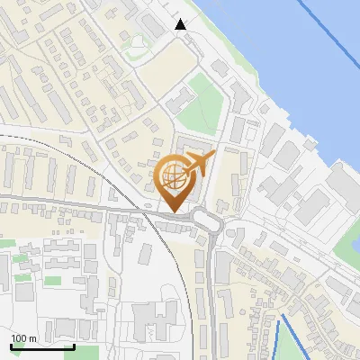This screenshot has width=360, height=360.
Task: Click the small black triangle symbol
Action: click(x=181, y=24)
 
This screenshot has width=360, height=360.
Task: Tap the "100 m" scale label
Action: click(x=23, y=338)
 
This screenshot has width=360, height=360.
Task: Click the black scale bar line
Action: click(x=40, y=346)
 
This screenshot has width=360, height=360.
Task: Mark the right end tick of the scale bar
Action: click(x=73, y=345)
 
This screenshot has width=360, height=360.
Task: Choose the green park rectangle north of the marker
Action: click(x=200, y=113)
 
